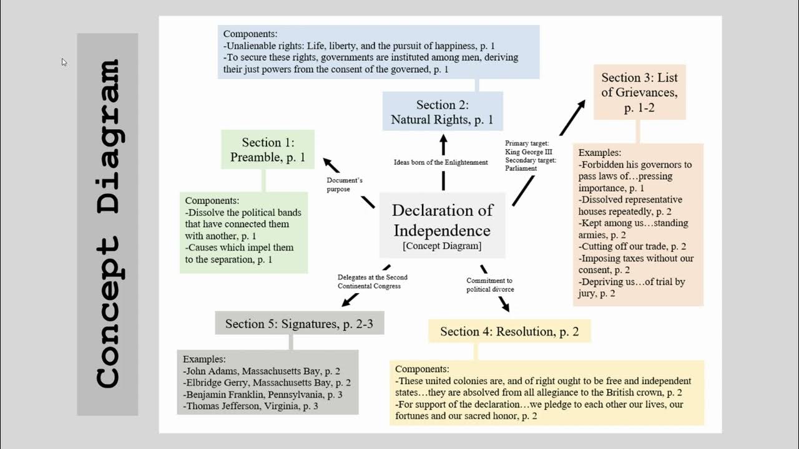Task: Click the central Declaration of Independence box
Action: pyautogui.click(x=443, y=225)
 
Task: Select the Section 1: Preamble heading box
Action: pyautogui.click(x=268, y=150)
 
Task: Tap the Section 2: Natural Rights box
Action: pyautogui.click(x=442, y=112)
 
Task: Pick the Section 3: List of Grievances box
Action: pyautogui.click(x=639, y=92)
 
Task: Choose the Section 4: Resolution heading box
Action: pyautogui.click(x=509, y=331)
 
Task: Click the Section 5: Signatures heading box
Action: pyautogui.click(x=300, y=323)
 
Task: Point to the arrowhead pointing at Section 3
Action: pyautogui.click(x=581, y=106)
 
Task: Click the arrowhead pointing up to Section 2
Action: pyautogui.click(x=443, y=139)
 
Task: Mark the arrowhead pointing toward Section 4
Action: pyautogui.click(x=504, y=306)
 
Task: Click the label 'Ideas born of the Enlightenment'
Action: pyautogui.click(x=441, y=162)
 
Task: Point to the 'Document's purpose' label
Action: pyautogui.click(x=344, y=185)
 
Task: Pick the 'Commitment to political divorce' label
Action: pyautogui.click(x=490, y=285)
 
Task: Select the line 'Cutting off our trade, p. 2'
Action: pyautogui.click(x=634, y=246)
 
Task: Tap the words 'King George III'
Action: pyautogui.click(x=529, y=152)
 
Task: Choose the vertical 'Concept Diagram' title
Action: pyautogui.click(x=107, y=224)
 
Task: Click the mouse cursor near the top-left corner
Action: pyautogui.click(x=64, y=62)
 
